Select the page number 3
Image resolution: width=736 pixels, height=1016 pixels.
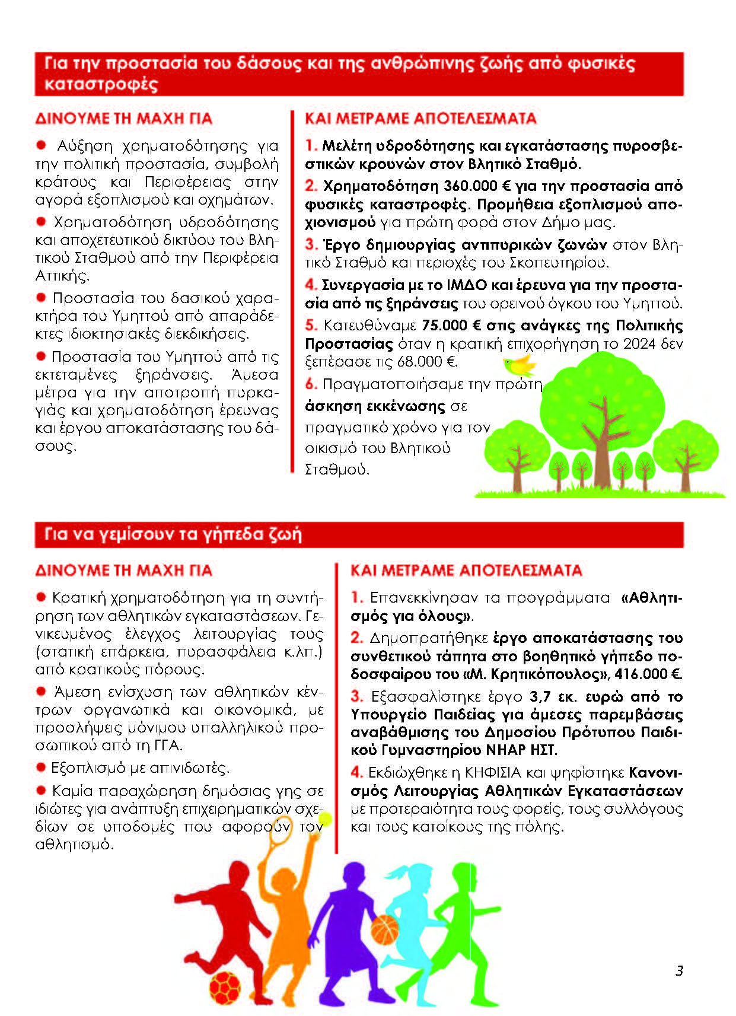tap(679, 971)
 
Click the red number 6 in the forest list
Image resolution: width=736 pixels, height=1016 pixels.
tap(311, 384)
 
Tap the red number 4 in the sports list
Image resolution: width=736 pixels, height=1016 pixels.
tap(356, 773)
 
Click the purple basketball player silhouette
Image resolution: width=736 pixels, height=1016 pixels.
tap(344, 925)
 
